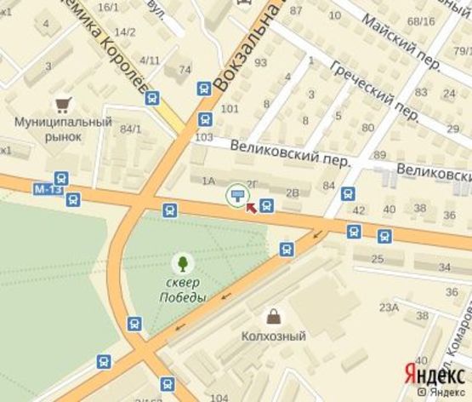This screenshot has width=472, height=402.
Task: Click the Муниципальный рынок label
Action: click(63, 129)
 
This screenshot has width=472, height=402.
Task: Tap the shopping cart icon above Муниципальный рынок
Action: click(62, 105)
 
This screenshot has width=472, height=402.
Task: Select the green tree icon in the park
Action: click(182, 263)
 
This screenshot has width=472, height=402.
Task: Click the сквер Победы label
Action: click(182, 290)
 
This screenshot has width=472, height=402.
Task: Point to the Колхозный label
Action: click(273, 336)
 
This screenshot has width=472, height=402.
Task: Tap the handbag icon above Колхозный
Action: click(274, 317)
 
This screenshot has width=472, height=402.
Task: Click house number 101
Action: click(229, 109)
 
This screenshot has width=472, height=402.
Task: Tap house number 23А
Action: click(389, 307)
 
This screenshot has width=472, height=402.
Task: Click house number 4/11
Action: click(150, 60)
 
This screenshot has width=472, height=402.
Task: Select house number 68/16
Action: click(420, 21)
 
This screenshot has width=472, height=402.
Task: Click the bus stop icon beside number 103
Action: click(205, 119)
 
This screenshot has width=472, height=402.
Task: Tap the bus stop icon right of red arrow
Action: click(267, 205)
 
